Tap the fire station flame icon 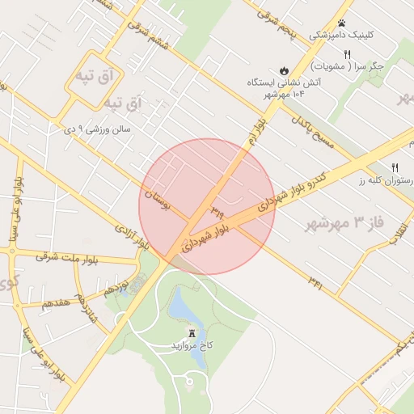click(285, 70)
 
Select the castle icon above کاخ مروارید click(192, 333)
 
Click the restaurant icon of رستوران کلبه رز click(395, 167)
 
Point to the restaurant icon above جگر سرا click(348, 53)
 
